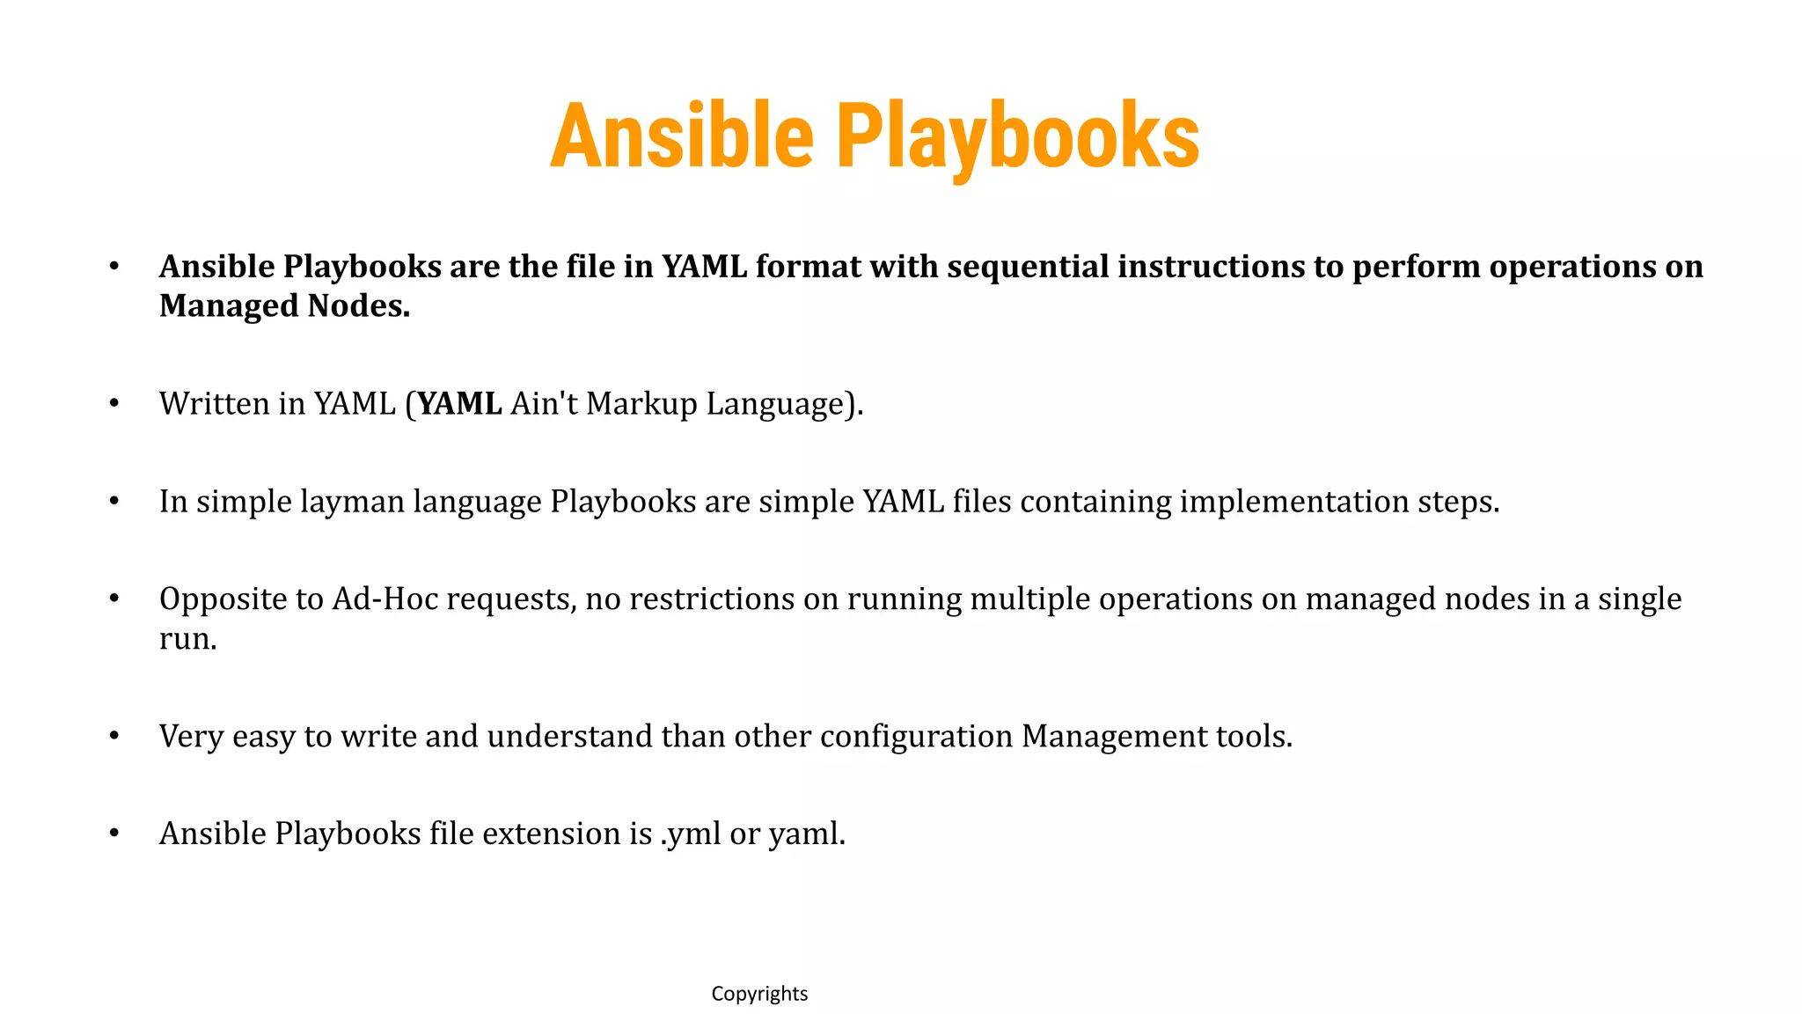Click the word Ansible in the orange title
click(682, 136)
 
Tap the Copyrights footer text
click(759, 994)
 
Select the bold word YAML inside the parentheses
click(459, 404)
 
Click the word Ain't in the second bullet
click(544, 404)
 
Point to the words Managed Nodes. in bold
click(284, 306)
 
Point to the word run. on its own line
click(187, 639)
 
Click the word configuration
click(916, 737)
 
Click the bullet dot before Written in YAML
click(114, 404)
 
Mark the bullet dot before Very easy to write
click(114, 737)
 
